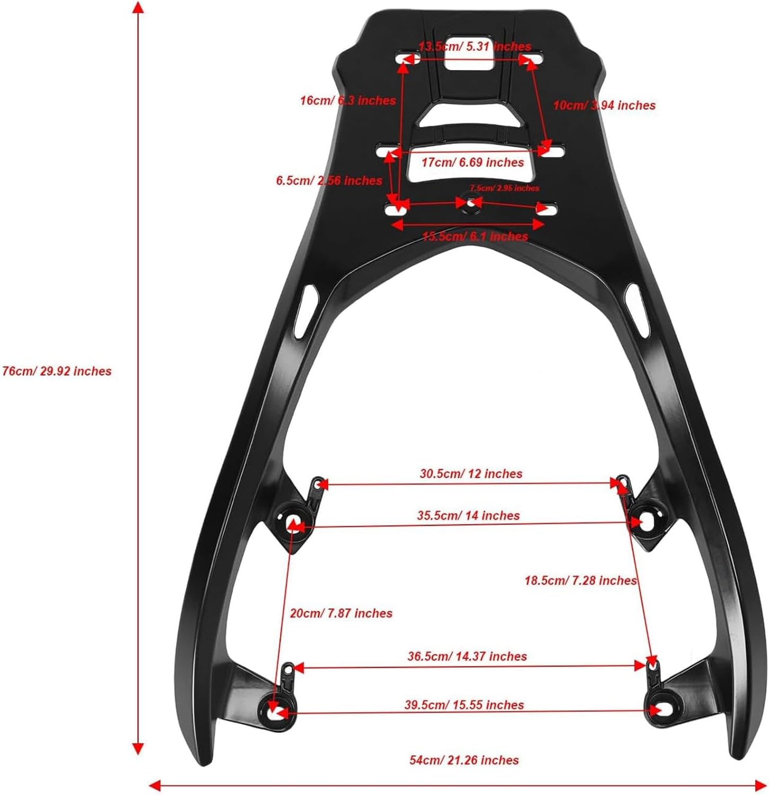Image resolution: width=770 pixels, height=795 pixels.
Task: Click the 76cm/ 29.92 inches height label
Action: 57,371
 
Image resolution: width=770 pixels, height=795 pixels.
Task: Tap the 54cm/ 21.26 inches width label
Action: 464,760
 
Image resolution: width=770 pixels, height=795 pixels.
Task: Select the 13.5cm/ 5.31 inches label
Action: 475,47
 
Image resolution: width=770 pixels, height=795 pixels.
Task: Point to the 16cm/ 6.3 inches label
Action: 348,100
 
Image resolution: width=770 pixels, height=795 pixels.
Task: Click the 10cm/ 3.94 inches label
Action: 604,105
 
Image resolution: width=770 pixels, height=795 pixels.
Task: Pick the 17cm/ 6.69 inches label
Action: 472,162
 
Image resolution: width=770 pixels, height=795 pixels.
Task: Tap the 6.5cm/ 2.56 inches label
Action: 329,181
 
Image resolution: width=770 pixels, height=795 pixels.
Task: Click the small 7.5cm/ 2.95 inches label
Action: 504,188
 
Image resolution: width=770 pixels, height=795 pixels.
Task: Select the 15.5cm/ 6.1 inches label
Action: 475,236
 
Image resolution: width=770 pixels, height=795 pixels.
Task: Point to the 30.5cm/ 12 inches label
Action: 471,473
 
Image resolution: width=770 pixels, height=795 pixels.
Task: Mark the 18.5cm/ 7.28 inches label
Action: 580,580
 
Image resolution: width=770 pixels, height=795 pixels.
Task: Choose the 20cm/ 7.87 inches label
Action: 341,613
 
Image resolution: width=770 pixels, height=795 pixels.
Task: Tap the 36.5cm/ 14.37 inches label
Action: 467,656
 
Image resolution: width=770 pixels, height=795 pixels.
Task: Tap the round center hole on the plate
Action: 469,202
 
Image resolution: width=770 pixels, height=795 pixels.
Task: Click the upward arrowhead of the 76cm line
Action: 138,7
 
